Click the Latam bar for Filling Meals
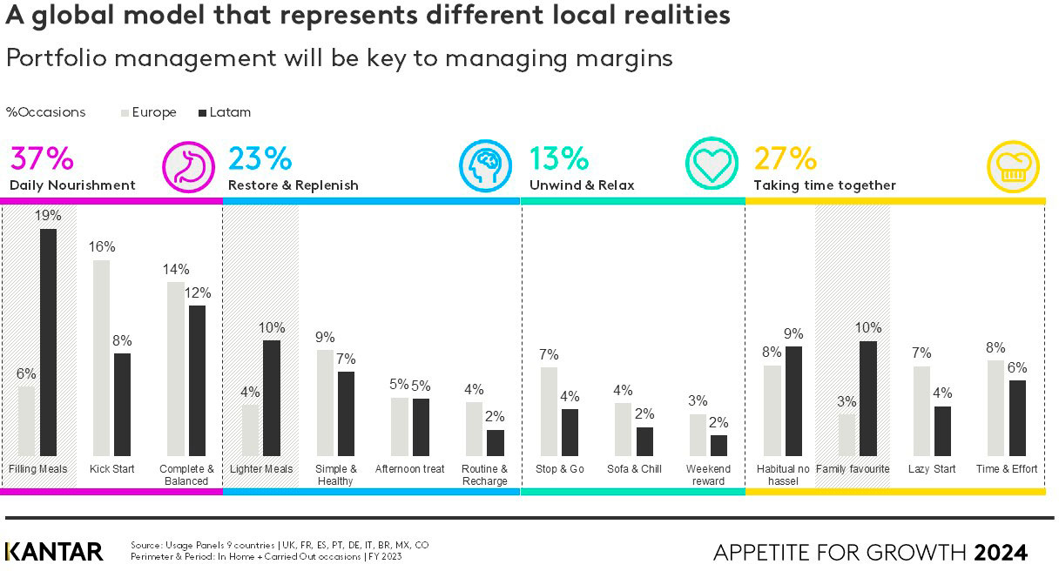[x=48, y=342]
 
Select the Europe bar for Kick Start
[x=101, y=358]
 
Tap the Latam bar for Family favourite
[x=867, y=399]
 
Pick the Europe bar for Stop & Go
[x=549, y=412]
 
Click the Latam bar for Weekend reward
[x=718, y=446]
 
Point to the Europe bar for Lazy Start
[x=921, y=411]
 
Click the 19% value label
[x=48, y=215]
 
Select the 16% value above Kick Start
[x=102, y=246]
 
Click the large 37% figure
[x=42, y=159]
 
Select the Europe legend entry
[x=149, y=112]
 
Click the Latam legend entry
[x=225, y=112]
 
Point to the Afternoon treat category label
[x=409, y=469]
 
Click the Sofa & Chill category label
[x=634, y=469]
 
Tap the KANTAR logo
[x=54, y=552]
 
